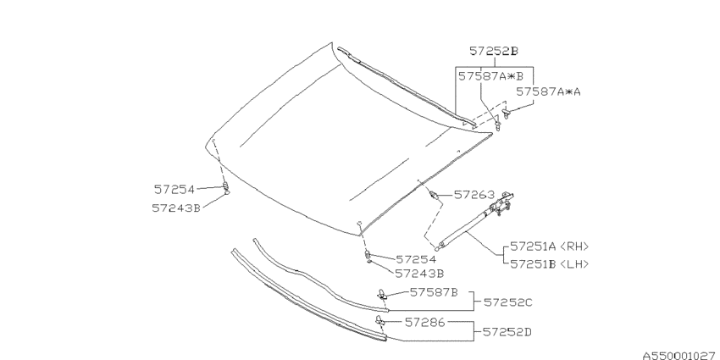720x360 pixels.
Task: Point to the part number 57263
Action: pyautogui.click(x=474, y=194)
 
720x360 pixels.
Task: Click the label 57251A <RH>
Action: pyautogui.click(x=549, y=247)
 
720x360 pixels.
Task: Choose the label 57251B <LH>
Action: pyautogui.click(x=549, y=263)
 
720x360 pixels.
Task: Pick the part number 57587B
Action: pyautogui.click(x=434, y=292)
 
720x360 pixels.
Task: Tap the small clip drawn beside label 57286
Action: pyautogui.click(x=379, y=321)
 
